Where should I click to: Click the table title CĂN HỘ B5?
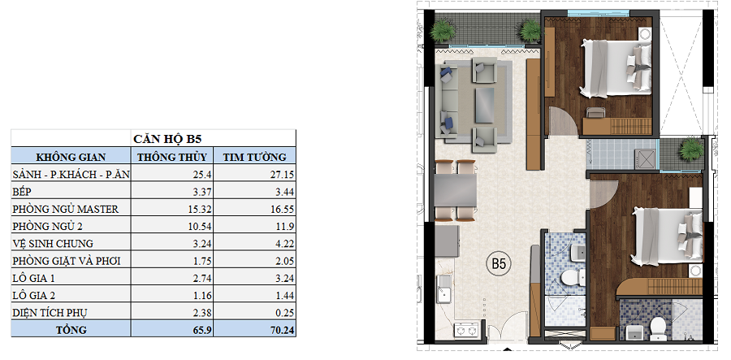tap(167, 139)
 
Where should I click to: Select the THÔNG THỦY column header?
tap(171, 157)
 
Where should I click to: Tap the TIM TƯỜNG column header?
tap(254, 157)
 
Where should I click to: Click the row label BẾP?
tap(22, 191)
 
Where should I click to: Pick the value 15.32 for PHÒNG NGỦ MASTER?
tap(200, 209)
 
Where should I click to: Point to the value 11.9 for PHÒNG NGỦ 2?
tap(285, 226)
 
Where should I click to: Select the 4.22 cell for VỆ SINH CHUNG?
tap(284, 244)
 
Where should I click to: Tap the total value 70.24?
tap(282, 330)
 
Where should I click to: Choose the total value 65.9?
tap(202, 330)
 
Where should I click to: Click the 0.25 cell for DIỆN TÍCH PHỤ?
tap(284, 312)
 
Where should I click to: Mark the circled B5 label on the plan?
tap(499, 264)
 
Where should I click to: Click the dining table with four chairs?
tap(456, 190)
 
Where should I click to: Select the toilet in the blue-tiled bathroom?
tap(569, 280)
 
